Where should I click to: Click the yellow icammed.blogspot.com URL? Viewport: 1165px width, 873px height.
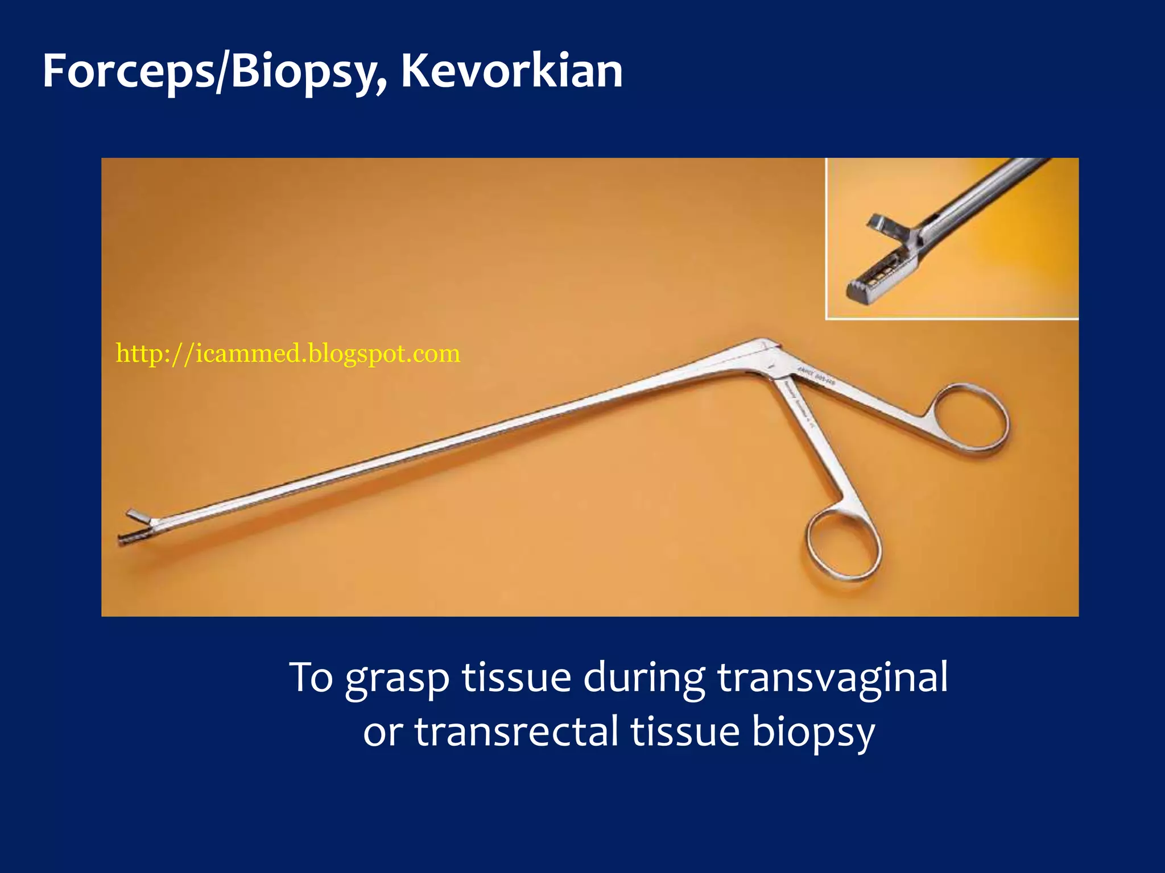click(288, 354)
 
